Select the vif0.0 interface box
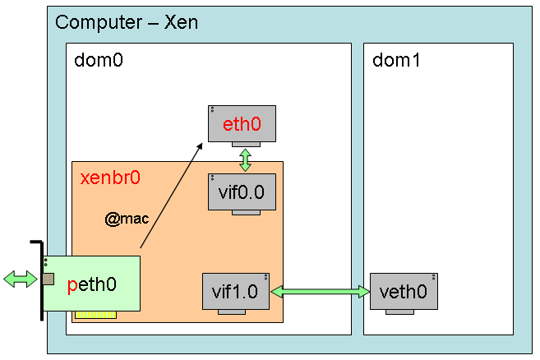pos(241,191)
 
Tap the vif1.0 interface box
pos(236,291)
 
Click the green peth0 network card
pos(91,284)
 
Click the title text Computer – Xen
pos(127,21)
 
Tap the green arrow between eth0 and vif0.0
pos(245,159)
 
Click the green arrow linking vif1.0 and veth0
pos(321,291)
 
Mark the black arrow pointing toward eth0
pos(171,196)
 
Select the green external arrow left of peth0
pos(21,279)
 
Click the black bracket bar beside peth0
pos(39,279)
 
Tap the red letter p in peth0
pos(73,285)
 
